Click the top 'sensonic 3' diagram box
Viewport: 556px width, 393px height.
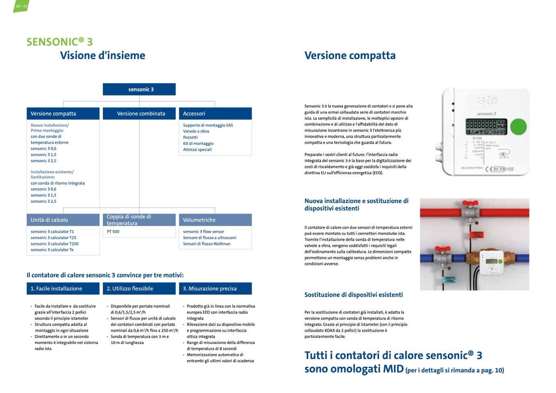coord(139,89)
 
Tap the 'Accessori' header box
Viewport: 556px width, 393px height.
coord(215,114)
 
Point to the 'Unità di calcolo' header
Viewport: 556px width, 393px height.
coord(63,220)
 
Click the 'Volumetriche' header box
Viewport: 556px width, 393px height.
coord(215,220)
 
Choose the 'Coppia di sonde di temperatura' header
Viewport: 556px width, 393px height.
coord(139,220)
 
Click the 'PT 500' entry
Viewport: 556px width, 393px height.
coord(113,232)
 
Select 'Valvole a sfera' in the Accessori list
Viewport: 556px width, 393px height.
coord(196,131)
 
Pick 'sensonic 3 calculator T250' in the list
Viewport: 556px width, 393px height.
coord(55,243)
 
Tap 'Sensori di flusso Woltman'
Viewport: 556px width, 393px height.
coord(207,243)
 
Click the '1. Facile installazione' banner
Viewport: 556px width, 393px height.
coord(63,289)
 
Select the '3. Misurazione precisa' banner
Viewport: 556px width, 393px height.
coord(215,289)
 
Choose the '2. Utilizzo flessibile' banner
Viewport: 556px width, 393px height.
coord(139,289)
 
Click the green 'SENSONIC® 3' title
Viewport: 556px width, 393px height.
coord(59,42)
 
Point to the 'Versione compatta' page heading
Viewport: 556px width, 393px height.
coord(350,56)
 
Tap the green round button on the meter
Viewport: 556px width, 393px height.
coord(518,127)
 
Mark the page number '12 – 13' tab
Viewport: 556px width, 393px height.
coord(21,6)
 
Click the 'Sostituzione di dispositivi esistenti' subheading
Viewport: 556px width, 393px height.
coord(353,295)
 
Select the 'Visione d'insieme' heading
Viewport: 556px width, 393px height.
coord(103,56)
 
